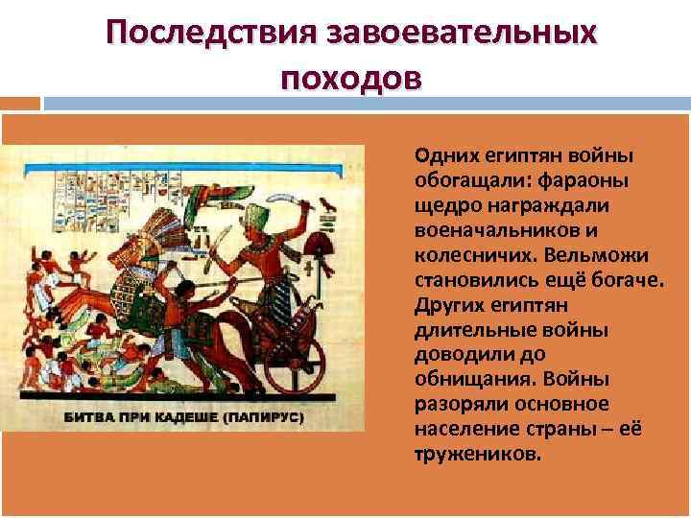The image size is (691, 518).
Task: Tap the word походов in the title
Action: [x=350, y=76]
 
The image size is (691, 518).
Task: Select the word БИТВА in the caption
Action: [x=89, y=418]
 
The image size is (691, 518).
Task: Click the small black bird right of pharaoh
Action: [x=328, y=203]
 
